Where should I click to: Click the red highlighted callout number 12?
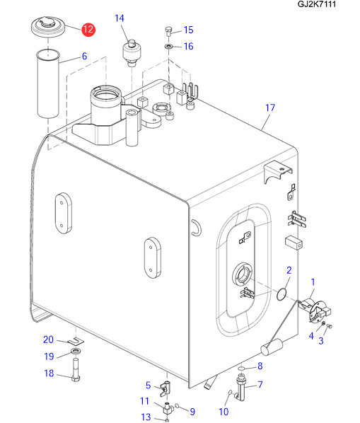[x=88, y=30]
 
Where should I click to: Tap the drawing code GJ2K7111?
[x=317, y=4]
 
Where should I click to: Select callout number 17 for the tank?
[x=270, y=108]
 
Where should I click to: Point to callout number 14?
[x=120, y=18]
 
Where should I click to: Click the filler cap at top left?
[x=48, y=26]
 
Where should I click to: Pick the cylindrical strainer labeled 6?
[x=48, y=84]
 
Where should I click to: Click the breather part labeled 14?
[x=132, y=53]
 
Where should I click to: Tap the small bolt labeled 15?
[x=168, y=32]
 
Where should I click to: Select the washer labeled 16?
[x=169, y=47]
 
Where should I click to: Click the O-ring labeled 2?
[x=281, y=294]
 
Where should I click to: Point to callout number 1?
[x=313, y=282]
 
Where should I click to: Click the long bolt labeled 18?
[x=76, y=369]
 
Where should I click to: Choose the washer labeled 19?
[x=75, y=352]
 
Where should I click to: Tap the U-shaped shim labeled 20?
[x=76, y=341]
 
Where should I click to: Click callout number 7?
[x=260, y=384]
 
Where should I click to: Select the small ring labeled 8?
[x=242, y=368]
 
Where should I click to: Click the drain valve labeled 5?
[x=165, y=388]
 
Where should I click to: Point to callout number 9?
[x=192, y=412]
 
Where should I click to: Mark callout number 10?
[x=223, y=412]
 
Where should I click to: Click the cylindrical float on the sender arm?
[x=272, y=347]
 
